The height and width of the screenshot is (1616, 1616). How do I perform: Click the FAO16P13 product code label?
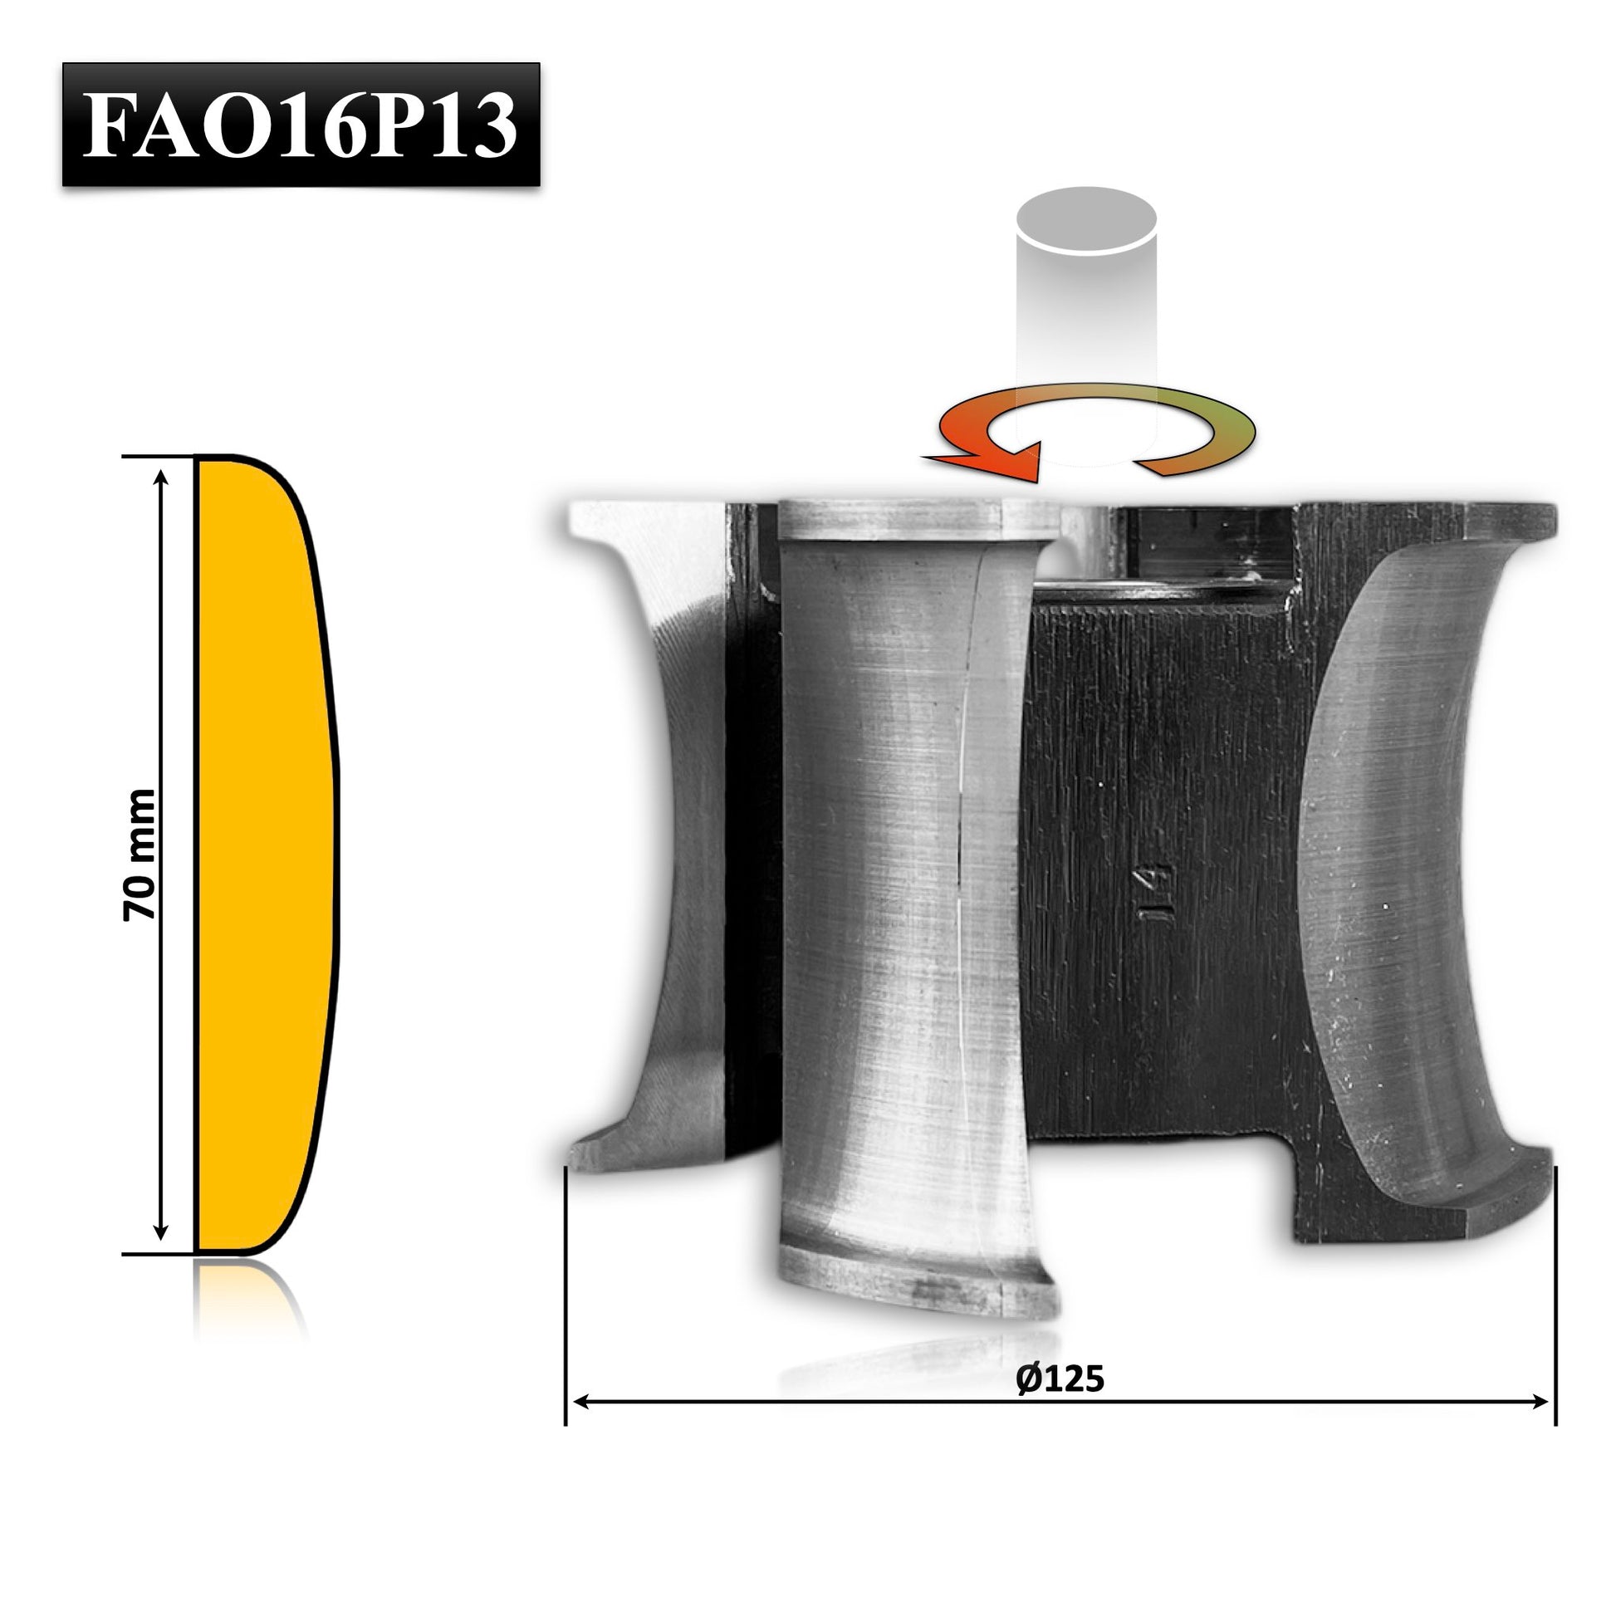pyautogui.click(x=301, y=124)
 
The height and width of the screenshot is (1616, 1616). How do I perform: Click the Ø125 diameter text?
pyautogui.click(x=1060, y=1379)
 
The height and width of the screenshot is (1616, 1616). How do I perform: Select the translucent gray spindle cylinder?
pyautogui.click(x=1086, y=326)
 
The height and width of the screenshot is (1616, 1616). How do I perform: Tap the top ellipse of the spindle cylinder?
pyautogui.click(x=1086, y=220)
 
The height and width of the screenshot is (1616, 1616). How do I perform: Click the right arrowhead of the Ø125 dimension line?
pyautogui.click(x=1540, y=1402)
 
